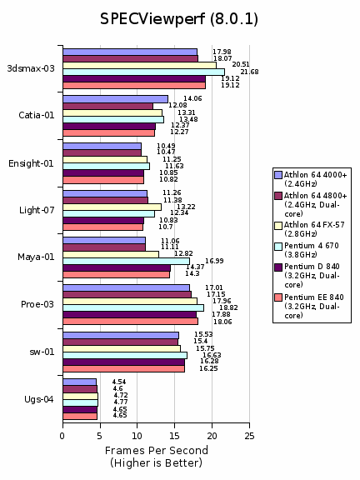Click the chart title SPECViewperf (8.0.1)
point(179,19)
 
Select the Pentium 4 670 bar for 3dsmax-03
point(144,72)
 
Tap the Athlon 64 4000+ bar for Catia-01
point(115,99)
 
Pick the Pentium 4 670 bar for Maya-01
point(126,262)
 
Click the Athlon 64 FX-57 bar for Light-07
point(112,207)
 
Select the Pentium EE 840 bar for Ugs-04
point(80,417)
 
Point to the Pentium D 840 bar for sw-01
point(123,362)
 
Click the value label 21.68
point(249,72)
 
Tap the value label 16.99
point(214,261)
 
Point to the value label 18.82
point(228,307)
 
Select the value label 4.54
point(119,382)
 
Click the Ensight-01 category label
point(31,163)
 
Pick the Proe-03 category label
point(37,304)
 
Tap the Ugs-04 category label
point(39,399)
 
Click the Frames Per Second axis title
point(157,451)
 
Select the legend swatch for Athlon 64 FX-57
point(278,226)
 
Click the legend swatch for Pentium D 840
point(278,267)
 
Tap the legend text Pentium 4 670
point(312,246)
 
